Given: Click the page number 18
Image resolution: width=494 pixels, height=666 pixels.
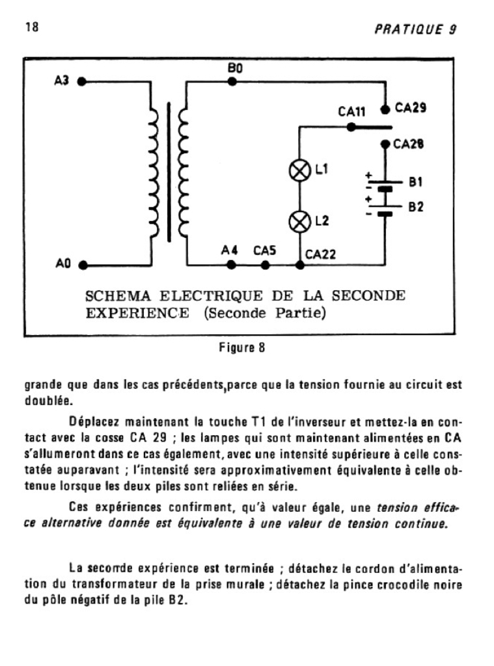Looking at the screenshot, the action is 32,27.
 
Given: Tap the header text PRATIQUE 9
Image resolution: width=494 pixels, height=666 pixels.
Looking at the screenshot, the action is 415,29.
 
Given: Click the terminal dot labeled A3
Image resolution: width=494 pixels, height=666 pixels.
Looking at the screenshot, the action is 82,81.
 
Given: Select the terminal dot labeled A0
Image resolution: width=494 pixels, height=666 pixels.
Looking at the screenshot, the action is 83,265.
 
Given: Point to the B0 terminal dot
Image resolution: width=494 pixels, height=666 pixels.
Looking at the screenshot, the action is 232,81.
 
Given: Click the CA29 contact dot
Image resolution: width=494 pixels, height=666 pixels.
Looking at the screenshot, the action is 385,109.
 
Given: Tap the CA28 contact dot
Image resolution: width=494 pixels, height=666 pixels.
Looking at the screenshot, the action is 385,144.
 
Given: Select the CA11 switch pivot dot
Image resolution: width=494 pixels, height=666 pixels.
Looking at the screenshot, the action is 351,127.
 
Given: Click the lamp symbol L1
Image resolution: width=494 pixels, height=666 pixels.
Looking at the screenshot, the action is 299,171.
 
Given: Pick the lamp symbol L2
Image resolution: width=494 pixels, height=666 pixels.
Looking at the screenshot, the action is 299,222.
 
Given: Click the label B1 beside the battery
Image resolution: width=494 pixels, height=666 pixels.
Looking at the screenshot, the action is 416,182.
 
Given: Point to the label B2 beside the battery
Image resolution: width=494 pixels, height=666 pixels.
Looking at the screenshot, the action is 416,207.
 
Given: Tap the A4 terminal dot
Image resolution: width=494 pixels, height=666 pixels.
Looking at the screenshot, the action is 231,265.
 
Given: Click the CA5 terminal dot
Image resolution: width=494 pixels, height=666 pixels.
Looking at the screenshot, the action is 266,265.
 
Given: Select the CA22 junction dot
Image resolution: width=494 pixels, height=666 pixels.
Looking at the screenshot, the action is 299,265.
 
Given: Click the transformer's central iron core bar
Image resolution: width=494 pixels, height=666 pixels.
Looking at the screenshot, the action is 169,172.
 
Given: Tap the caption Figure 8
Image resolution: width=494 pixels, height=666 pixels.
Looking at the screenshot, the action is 242,347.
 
